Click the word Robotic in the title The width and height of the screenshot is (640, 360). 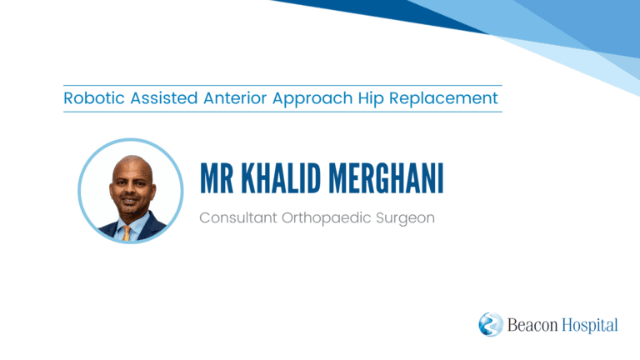[94, 98]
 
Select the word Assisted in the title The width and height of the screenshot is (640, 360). [164, 98]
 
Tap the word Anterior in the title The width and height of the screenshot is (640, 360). [235, 98]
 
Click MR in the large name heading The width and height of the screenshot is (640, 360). [217, 178]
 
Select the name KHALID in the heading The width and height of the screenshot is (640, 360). [281, 178]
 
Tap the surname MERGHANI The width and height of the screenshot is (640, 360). [386, 178]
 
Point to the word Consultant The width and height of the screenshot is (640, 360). [238, 217]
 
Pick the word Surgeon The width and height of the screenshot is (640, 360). [405, 219]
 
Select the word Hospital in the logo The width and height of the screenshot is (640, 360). [590, 326]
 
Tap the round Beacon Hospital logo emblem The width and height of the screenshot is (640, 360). [491, 324]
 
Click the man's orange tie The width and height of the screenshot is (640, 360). [127, 233]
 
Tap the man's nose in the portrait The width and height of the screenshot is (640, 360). [131, 190]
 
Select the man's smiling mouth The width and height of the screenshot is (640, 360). [130, 202]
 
